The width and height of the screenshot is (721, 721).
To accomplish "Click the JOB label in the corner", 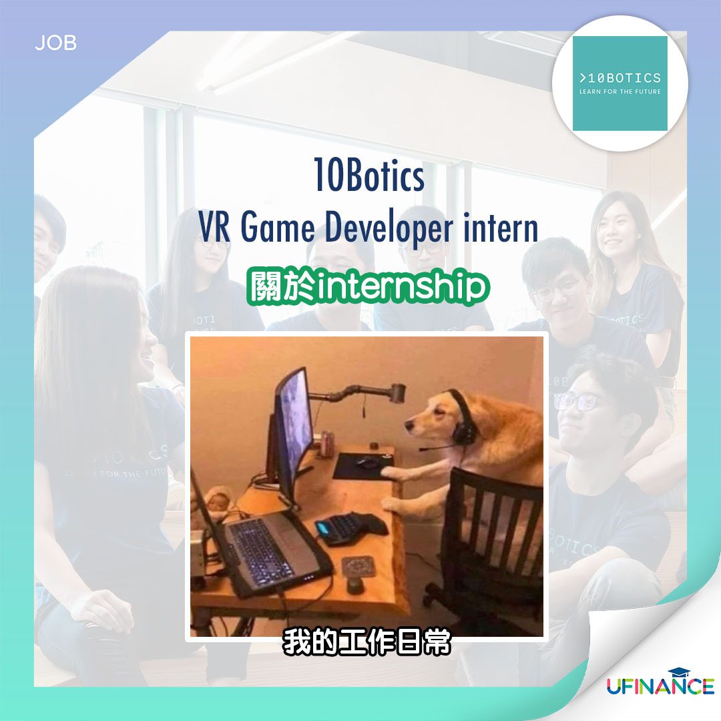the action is (55, 43).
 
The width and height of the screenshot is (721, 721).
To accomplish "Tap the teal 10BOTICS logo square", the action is (620, 83).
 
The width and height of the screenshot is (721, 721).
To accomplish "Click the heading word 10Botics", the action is (369, 175).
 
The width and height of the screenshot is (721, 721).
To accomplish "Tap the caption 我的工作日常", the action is (367, 642).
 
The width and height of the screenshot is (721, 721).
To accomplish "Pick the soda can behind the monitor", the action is (326, 443).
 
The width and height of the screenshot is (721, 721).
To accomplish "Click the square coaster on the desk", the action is (358, 567).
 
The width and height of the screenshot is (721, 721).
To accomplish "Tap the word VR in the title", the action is (214, 228).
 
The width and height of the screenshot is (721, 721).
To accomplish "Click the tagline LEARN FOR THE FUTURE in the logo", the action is (620, 92).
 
